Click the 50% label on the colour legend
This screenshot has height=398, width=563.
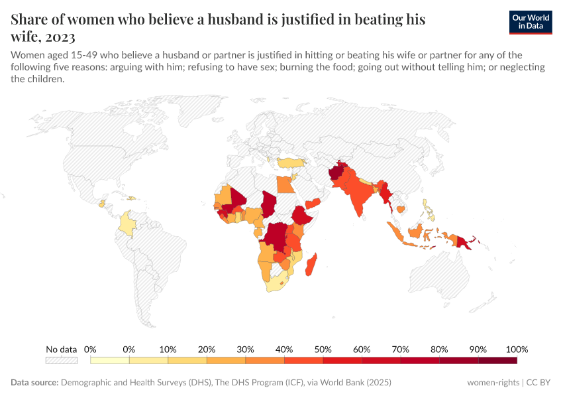[x=323, y=349]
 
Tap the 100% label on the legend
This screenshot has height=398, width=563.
[x=517, y=349]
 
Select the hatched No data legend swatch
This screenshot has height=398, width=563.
[x=61, y=360]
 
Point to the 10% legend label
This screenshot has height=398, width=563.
[x=168, y=349]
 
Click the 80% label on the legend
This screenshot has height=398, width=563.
[x=439, y=349]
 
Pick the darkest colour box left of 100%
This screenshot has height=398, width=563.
[x=497, y=360]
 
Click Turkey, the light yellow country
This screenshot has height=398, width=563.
[x=291, y=163]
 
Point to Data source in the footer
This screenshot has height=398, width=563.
[x=34, y=383]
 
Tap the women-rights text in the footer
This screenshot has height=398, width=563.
[x=493, y=383]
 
